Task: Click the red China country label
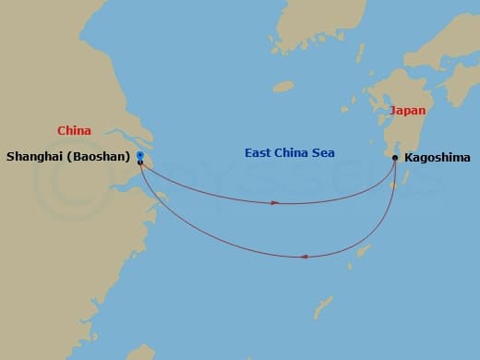[x=73, y=132]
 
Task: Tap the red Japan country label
[x=407, y=110]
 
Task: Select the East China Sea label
[x=289, y=152]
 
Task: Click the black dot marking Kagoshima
[x=395, y=158]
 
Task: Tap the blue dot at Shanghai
[x=139, y=154]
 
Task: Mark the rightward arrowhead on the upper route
[x=274, y=202]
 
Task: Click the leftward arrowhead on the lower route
[x=305, y=257]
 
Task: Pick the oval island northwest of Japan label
[x=282, y=86]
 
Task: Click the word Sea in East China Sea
[x=323, y=152]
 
